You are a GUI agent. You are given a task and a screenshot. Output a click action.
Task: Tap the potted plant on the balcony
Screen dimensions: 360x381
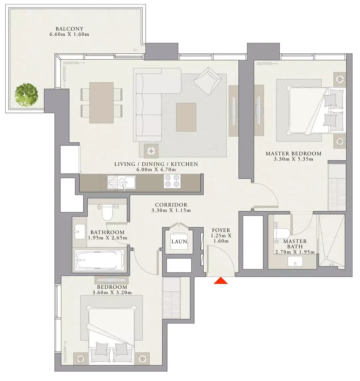click(26, 95)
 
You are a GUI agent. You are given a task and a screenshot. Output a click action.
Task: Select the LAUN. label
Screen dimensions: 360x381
click(180, 242)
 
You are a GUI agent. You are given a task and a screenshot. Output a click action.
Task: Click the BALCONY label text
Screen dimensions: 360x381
click(69, 29)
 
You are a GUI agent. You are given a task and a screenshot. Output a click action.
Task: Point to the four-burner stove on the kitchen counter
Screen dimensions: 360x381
click(172, 181)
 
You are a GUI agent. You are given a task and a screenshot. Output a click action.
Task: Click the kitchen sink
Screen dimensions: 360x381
click(127, 182)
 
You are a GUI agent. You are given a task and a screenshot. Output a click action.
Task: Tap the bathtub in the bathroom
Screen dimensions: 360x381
click(100, 260)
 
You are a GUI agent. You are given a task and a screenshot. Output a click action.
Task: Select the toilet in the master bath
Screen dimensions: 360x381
click(281, 231)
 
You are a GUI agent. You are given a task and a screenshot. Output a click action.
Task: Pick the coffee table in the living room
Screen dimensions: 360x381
click(186, 117)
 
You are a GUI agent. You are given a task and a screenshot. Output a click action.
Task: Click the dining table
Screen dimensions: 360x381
click(101, 103)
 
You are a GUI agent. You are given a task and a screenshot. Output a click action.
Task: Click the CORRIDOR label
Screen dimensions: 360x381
click(171, 205)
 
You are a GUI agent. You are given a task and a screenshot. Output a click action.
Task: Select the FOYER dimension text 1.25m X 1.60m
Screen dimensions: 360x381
click(221, 238)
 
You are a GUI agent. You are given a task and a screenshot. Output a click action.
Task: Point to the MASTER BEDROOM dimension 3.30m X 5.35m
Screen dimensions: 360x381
click(293, 159)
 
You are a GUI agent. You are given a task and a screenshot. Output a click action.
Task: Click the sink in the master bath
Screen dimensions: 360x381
click(295, 262)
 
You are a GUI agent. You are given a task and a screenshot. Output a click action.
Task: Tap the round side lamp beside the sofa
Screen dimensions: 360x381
click(151, 151)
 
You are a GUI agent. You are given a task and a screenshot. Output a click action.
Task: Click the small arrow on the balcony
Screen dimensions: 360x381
click(136, 50)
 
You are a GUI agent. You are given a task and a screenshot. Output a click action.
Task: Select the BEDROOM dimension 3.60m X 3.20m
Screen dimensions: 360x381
click(112, 293)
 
